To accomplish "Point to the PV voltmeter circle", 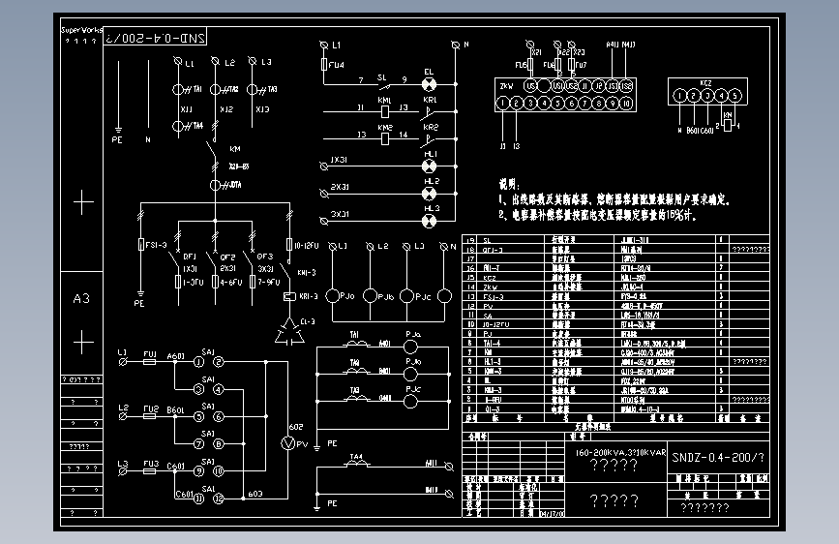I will (286, 442).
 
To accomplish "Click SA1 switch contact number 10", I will (219, 470).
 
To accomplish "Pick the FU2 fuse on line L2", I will (150, 416).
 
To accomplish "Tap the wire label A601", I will (175, 355).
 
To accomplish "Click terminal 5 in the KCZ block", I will (735, 96).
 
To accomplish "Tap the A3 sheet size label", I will (82, 299).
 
